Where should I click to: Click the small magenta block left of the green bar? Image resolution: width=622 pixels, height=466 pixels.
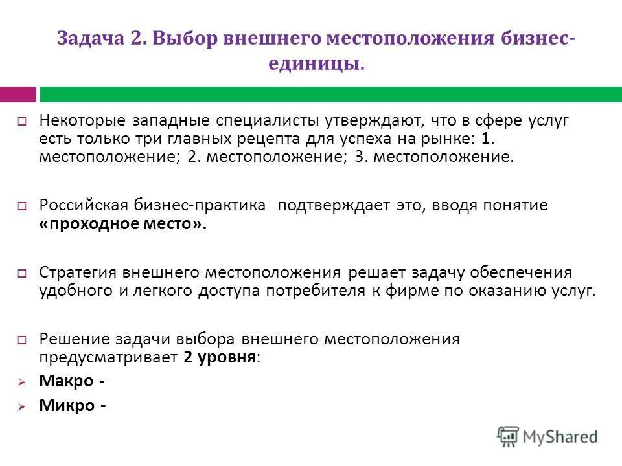point(18,94)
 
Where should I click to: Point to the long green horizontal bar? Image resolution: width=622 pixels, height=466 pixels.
point(330,94)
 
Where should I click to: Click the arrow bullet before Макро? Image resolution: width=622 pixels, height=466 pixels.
point(21,383)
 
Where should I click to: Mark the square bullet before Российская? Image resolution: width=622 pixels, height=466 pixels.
point(21,206)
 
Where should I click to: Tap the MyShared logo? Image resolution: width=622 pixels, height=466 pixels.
point(547,436)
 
